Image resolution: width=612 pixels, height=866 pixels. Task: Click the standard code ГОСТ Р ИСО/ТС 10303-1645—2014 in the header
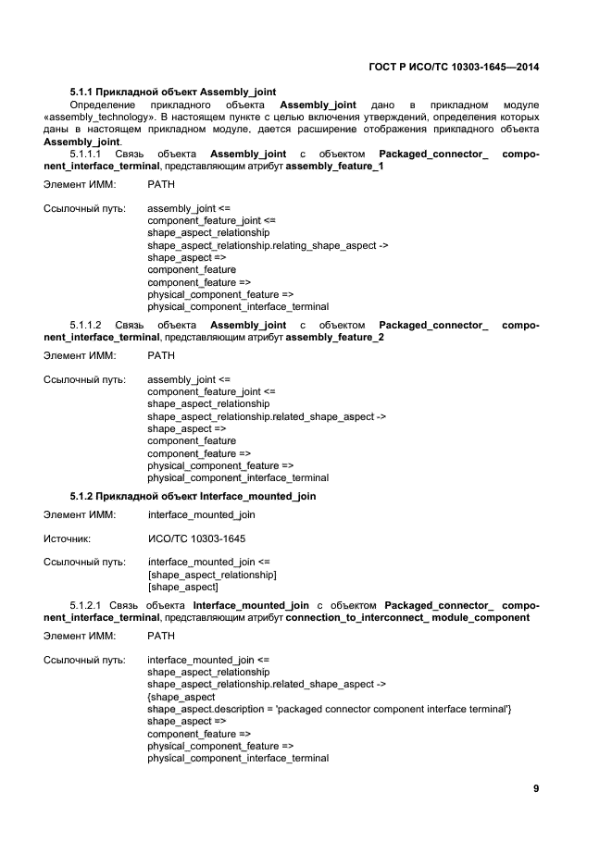(453, 68)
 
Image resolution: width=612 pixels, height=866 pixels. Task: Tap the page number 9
(536, 788)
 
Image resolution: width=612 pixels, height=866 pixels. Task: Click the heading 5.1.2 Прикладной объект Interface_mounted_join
(193, 496)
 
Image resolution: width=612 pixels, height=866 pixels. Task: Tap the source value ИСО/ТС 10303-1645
(197, 538)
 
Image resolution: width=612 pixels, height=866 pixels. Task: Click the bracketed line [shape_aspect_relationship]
(212, 575)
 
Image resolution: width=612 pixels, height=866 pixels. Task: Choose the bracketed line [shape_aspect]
(183, 587)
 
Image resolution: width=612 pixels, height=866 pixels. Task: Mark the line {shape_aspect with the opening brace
(181, 697)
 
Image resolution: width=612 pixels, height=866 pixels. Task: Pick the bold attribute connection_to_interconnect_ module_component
(407, 617)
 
